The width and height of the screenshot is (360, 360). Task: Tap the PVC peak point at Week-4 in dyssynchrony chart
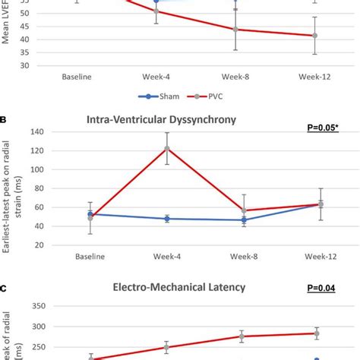(166, 149)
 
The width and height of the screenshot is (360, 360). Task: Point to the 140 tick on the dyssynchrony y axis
(39, 131)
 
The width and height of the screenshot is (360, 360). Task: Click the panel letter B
(5, 119)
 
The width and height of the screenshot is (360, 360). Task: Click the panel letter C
(5, 289)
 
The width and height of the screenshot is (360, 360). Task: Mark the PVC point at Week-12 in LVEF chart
(315, 36)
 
